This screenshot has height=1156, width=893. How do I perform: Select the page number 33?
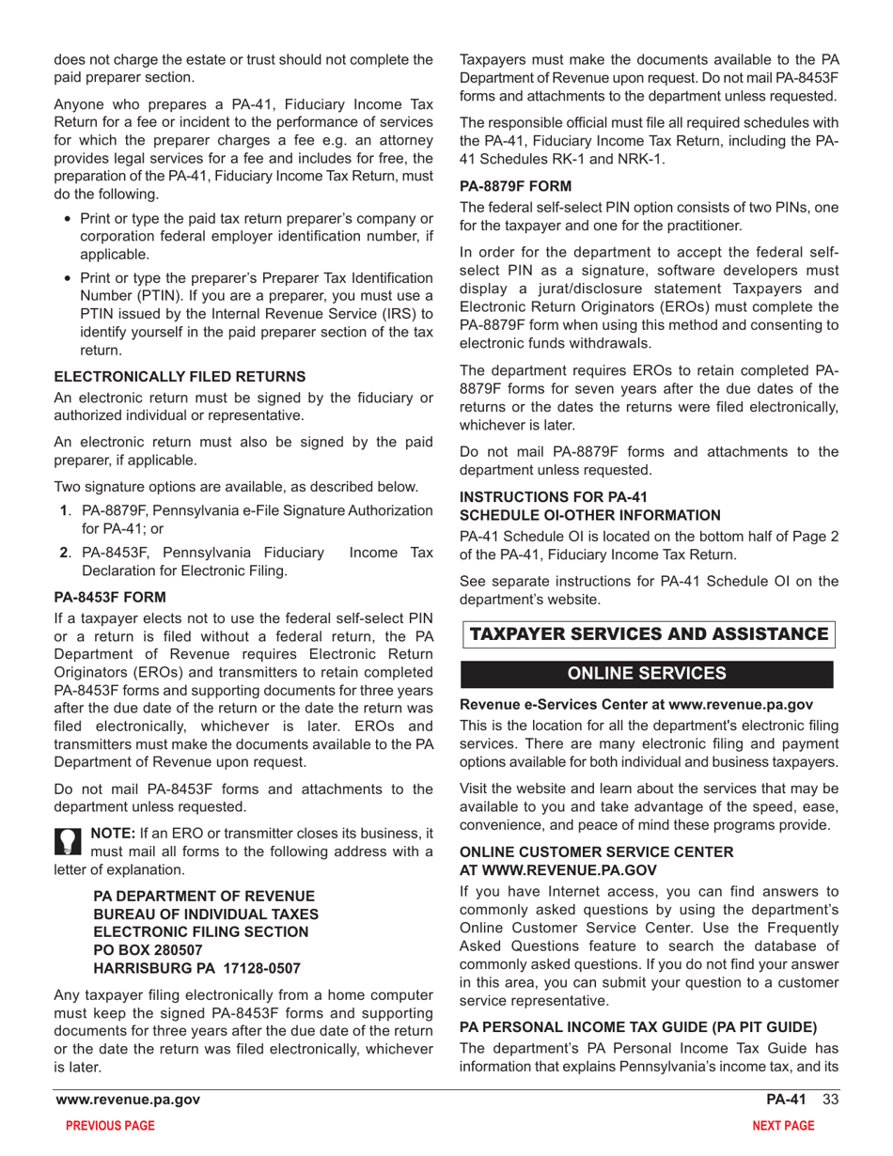(x=828, y=1100)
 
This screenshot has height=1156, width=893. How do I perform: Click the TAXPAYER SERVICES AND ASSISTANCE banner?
(x=648, y=634)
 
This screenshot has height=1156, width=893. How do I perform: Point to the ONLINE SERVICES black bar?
(x=648, y=674)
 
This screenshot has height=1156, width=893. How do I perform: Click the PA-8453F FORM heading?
(x=110, y=597)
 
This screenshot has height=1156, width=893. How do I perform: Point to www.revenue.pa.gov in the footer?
(x=128, y=1100)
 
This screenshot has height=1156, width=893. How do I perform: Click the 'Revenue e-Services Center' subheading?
(x=635, y=703)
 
